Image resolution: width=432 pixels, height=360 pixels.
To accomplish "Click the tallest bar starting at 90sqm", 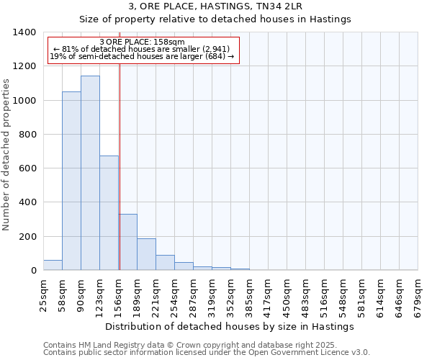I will (90, 173).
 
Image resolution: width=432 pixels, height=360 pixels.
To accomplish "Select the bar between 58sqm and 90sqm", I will (71, 181).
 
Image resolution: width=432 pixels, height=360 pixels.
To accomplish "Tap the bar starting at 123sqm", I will (109, 213).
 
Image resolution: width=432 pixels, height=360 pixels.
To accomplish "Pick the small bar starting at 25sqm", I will (53, 265).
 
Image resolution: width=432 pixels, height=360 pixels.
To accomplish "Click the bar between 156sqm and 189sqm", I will (128, 242).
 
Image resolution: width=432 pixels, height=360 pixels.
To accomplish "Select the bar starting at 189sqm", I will (146, 254).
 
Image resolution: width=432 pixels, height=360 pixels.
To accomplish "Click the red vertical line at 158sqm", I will (120, 166).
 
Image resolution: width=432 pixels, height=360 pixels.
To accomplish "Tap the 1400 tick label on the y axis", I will (24, 32).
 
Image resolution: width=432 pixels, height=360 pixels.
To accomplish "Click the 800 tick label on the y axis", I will (27, 134).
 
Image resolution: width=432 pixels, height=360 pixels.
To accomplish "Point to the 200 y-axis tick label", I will (27, 236).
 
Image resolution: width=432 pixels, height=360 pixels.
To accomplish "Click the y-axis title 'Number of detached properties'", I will (6, 151).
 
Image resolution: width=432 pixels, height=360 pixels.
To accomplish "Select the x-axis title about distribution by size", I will (230, 327).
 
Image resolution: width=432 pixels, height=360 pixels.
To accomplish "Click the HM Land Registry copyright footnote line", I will (189, 345).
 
